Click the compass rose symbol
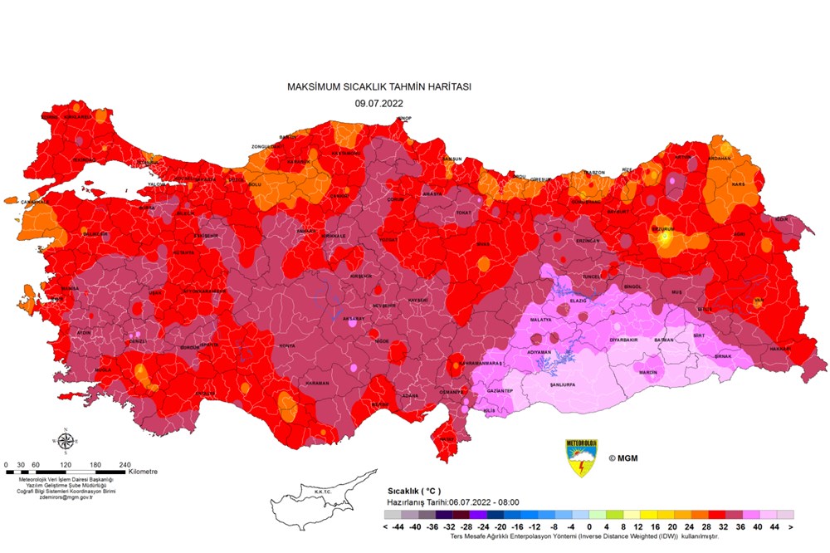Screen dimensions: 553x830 [x=65, y=440]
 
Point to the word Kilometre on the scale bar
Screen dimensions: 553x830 [x=143, y=472]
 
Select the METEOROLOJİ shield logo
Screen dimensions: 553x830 [x=581, y=457]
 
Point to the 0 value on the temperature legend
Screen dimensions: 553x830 [x=589, y=526]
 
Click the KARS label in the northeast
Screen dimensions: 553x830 [x=737, y=184]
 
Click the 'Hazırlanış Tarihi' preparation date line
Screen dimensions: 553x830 [x=451, y=502]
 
